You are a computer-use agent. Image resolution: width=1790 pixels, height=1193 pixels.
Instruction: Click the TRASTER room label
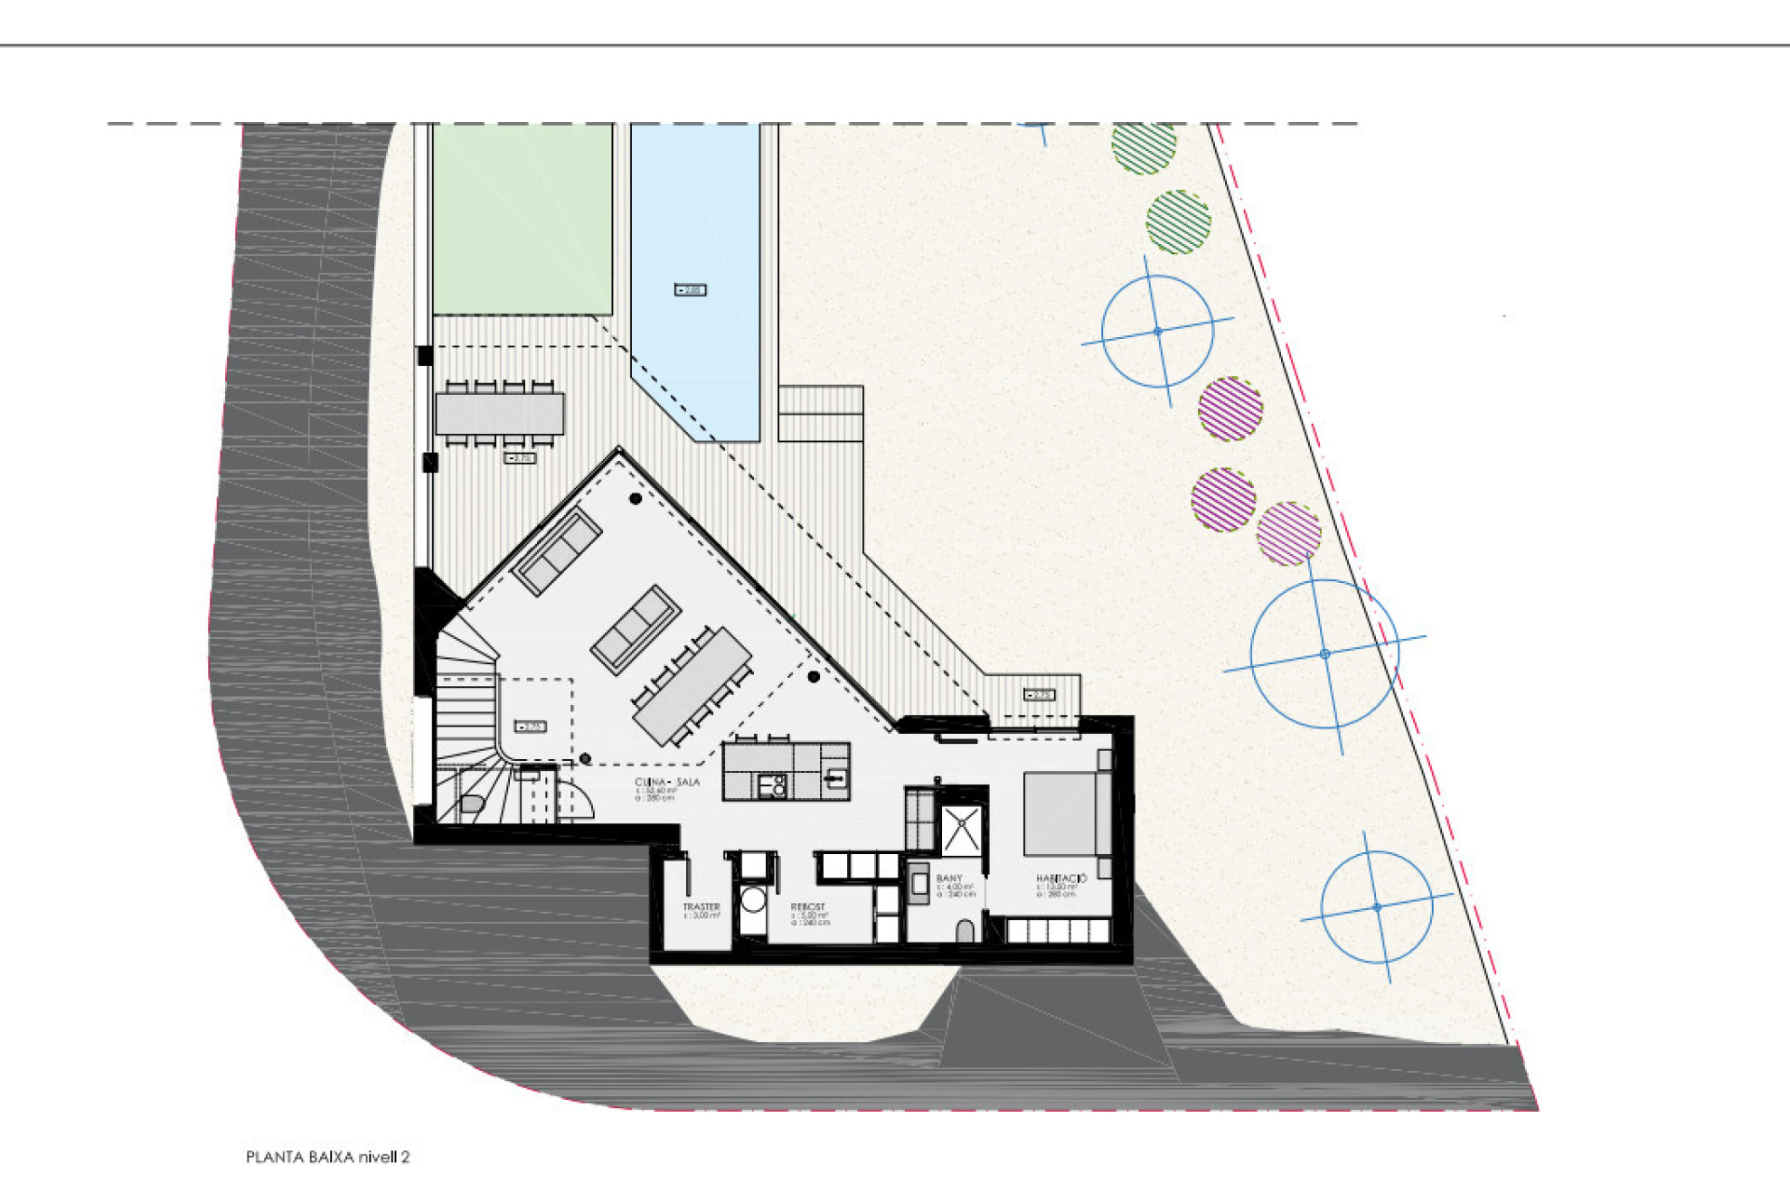pyautogui.click(x=702, y=906)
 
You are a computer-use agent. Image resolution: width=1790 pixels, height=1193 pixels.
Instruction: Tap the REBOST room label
pyautogui.click(x=807, y=906)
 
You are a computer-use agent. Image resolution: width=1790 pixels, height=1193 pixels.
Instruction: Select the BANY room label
pyautogui.click(x=949, y=878)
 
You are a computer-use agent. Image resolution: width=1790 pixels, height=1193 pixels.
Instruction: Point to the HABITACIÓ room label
pyautogui.click(x=1061, y=878)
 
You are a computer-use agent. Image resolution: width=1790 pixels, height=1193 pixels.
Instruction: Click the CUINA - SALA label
pyautogui.click(x=667, y=782)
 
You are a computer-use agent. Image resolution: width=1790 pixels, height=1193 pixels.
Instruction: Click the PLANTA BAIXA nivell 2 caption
pyautogui.click(x=327, y=1157)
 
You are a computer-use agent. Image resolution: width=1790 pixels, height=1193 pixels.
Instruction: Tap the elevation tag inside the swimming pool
pyautogui.click(x=691, y=290)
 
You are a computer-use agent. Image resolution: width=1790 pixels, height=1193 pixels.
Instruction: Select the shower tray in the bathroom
pyautogui.click(x=961, y=831)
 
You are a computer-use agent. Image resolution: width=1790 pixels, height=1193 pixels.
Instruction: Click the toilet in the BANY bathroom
pyautogui.click(x=966, y=932)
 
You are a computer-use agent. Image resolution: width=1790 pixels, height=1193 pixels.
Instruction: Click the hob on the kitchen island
pyautogui.click(x=771, y=786)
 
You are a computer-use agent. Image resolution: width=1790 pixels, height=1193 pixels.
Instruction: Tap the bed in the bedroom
pyautogui.click(x=1062, y=813)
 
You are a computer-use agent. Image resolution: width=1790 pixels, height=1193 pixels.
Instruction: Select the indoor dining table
pyautogui.click(x=692, y=686)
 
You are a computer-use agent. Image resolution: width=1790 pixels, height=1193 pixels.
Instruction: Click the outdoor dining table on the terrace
pyautogui.click(x=499, y=414)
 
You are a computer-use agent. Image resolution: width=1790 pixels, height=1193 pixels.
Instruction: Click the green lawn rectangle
pyautogui.click(x=523, y=220)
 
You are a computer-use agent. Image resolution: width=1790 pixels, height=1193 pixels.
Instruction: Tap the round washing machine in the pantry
pyautogui.click(x=752, y=900)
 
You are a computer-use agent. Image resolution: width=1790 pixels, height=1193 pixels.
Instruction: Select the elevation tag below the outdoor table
pyautogui.click(x=520, y=459)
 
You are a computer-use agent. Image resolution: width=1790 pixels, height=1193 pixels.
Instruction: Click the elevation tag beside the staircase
pyautogui.click(x=531, y=727)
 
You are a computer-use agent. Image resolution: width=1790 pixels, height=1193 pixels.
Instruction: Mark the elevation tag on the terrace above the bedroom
pyautogui.click(x=1039, y=695)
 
